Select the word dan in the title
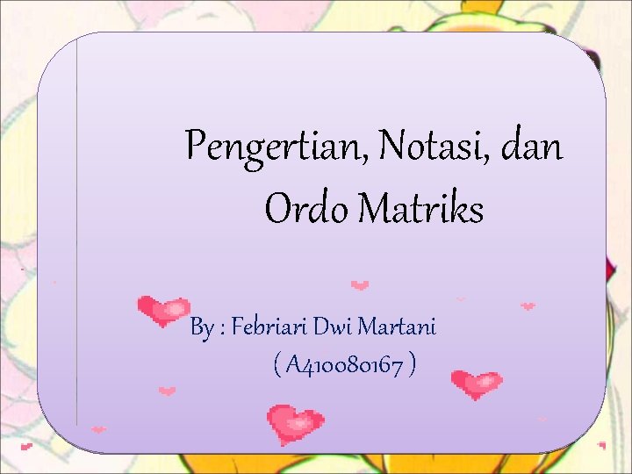click(533, 145)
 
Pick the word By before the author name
click(202, 329)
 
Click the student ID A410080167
click(344, 364)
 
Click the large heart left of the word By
click(163, 310)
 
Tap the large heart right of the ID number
click(476, 384)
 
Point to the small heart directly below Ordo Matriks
click(360, 284)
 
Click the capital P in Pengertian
click(196, 145)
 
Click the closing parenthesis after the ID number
click(412, 364)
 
